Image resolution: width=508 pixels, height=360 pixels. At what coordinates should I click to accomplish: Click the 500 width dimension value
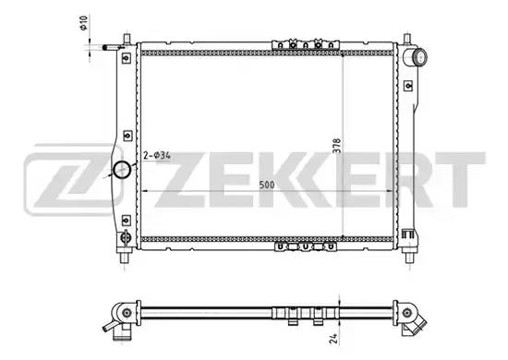(267, 186)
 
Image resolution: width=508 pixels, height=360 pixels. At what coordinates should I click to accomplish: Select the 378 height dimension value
(337, 146)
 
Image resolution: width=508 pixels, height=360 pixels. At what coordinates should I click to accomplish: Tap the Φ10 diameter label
(83, 23)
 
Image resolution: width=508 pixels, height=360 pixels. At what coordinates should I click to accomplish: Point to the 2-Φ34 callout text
(157, 156)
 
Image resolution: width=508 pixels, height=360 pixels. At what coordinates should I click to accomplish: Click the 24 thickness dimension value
(334, 339)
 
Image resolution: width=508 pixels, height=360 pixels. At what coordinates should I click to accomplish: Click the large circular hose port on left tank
(122, 169)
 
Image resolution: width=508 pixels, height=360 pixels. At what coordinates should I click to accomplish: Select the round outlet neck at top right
(420, 56)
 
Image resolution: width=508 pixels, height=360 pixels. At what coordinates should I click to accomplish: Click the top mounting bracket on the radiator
(305, 44)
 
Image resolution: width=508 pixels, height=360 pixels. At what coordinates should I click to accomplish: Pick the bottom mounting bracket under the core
(305, 247)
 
